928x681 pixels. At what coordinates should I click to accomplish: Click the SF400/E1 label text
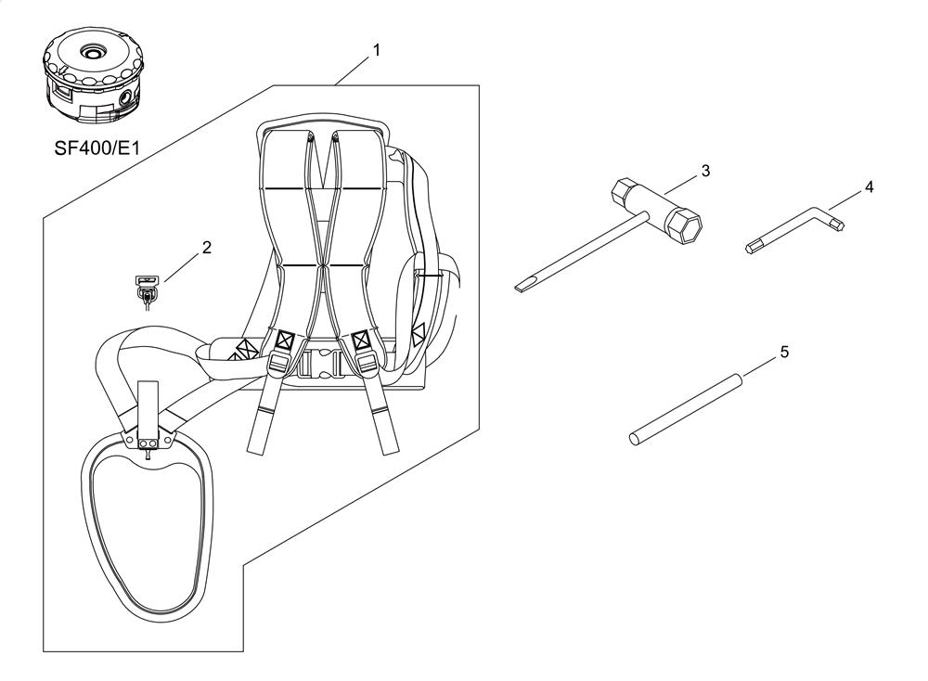coord(97,148)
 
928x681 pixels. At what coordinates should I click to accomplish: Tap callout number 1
coord(376,50)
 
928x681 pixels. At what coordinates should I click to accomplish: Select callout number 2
coord(207,248)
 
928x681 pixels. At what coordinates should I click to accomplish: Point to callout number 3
coord(705,171)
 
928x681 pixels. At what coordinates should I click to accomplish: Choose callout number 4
coord(869,187)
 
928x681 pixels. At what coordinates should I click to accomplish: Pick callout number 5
coord(785,353)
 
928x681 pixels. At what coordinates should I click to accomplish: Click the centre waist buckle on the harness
coord(317,362)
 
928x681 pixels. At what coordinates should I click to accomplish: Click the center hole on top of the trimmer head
coord(93,54)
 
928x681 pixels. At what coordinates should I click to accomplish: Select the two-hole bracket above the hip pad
coord(148,443)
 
